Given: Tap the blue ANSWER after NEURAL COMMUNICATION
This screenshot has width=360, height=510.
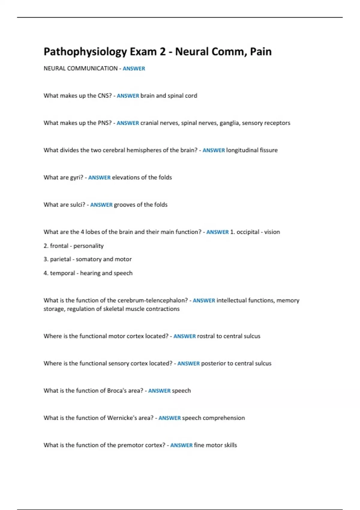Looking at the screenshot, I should pyautogui.click(x=134, y=68).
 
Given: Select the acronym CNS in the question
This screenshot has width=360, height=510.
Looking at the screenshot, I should pyautogui.click(x=105, y=96).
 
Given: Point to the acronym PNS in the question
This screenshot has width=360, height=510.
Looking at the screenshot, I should pyautogui.click(x=105, y=123).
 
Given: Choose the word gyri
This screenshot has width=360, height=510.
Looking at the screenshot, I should pyautogui.click(x=76, y=178).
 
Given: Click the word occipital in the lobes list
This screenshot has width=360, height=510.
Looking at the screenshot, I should pyautogui.click(x=248, y=232).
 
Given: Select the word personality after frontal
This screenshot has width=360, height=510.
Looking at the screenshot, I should pyautogui.click(x=88, y=246).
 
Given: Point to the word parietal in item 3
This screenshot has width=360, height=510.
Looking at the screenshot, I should pyautogui.click(x=61, y=259).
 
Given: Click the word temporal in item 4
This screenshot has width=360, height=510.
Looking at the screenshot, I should pyautogui.click(x=62, y=273).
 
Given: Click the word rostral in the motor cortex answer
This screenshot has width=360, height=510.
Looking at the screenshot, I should pyautogui.click(x=206, y=336).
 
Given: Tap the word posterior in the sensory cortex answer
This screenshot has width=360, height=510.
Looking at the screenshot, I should pyautogui.click(x=213, y=364).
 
